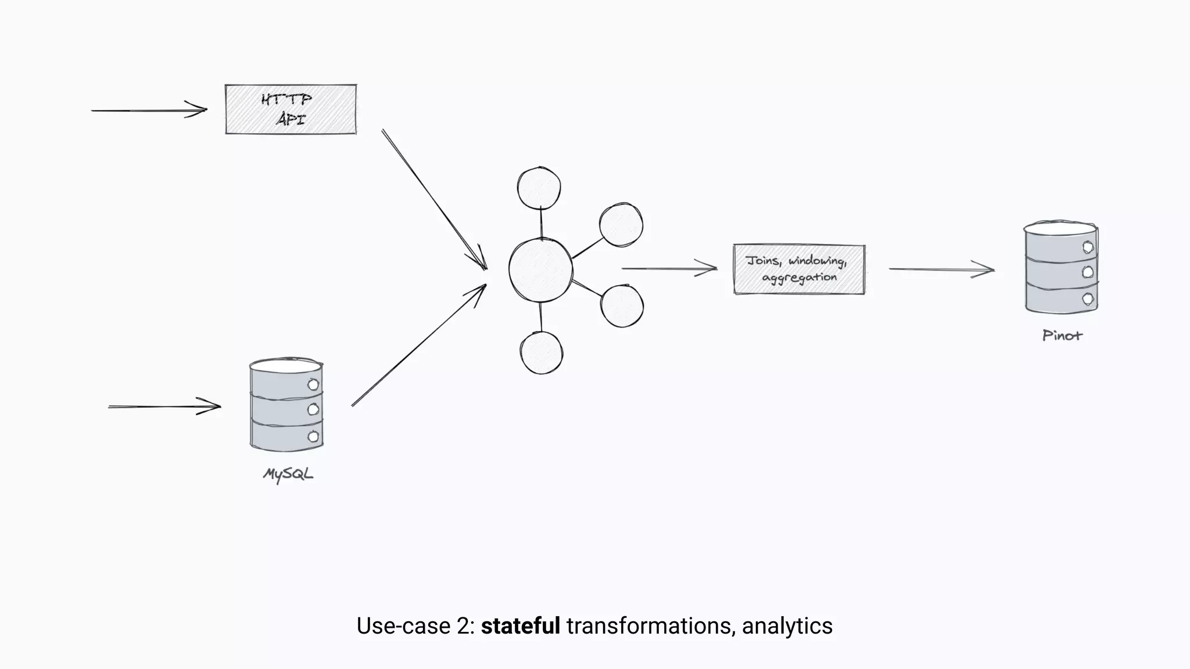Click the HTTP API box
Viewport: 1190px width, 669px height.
[x=291, y=109]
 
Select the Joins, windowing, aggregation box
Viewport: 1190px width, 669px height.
[x=799, y=269]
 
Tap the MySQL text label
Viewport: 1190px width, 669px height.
[x=288, y=474]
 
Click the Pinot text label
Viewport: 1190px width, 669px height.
[x=1062, y=336]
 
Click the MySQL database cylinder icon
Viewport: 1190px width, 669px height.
[x=286, y=405]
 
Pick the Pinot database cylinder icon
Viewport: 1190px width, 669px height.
[x=1061, y=268]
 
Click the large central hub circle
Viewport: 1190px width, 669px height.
[x=540, y=270]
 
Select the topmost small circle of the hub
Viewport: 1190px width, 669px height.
[x=539, y=188]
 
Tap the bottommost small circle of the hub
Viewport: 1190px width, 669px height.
[x=542, y=353]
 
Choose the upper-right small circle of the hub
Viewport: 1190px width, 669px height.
[x=621, y=225]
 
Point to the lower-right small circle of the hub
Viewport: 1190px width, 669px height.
[x=622, y=306]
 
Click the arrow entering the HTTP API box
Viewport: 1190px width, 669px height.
[x=149, y=110]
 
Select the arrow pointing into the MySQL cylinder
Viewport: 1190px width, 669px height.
[x=164, y=407]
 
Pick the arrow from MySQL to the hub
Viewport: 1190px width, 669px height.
[x=418, y=346]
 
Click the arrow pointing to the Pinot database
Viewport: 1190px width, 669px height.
[x=941, y=269]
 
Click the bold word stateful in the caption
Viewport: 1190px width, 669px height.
[x=520, y=626]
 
